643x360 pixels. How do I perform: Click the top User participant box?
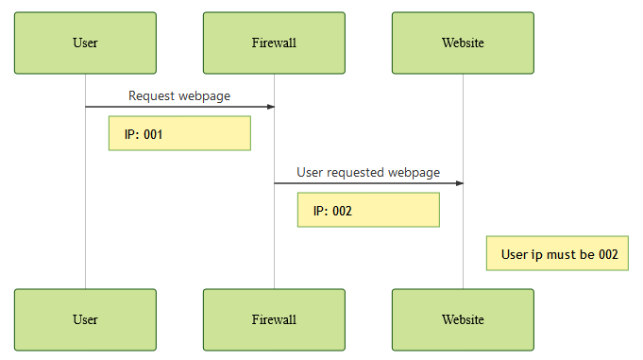pyautogui.click(x=85, y=43)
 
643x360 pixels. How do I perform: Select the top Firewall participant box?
pyautogui.click(x=274, y=43)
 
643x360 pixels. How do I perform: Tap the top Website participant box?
pyautogui.click(x=463, y=43)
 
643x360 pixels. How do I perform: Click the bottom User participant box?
pyautogui.click(x=85, y=319)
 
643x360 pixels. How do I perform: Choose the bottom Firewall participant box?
pyautogui.click(x=274, y=319)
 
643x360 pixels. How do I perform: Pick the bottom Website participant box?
pyautogui.click(x=463, y=319)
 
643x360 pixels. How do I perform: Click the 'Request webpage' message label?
pyautogui.click(x=179, y=95)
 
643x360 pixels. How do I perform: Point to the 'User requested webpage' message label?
pyautogui.click(x=368, y=172)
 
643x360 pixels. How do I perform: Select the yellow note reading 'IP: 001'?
pyautogui.click(x=179, y=133)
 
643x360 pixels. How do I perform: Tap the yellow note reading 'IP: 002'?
pyautogui.click(x=368, y=210)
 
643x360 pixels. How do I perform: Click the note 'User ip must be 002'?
pyautogui.click(x=557, y=253)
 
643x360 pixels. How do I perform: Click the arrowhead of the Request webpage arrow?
pyautogui.click(x=269, y=107)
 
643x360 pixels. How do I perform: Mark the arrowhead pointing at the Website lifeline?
pyautogui.click(x=458, y=183)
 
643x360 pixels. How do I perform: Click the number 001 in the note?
pyautogui.click(x=153, y=134)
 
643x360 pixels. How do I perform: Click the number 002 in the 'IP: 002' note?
pyautogui.click(x=342, y=211)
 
